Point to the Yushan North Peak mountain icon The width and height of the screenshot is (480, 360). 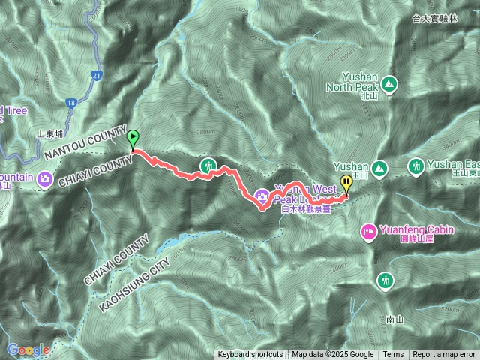click(x=389, y=82)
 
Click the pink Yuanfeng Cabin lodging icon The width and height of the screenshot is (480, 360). click(x=368, y=232)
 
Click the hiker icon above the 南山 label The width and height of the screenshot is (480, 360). click(x=385, y=280)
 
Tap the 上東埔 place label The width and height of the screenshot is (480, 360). click(x=52, y=136)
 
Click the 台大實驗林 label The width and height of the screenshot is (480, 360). click(x=439, y=16)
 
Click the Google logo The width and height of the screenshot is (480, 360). click(x=28, y=349)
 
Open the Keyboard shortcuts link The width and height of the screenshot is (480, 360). click(x=250, y=355)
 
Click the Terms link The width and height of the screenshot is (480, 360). click(x=393, y=355)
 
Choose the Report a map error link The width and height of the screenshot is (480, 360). click(x=444, y=355)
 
